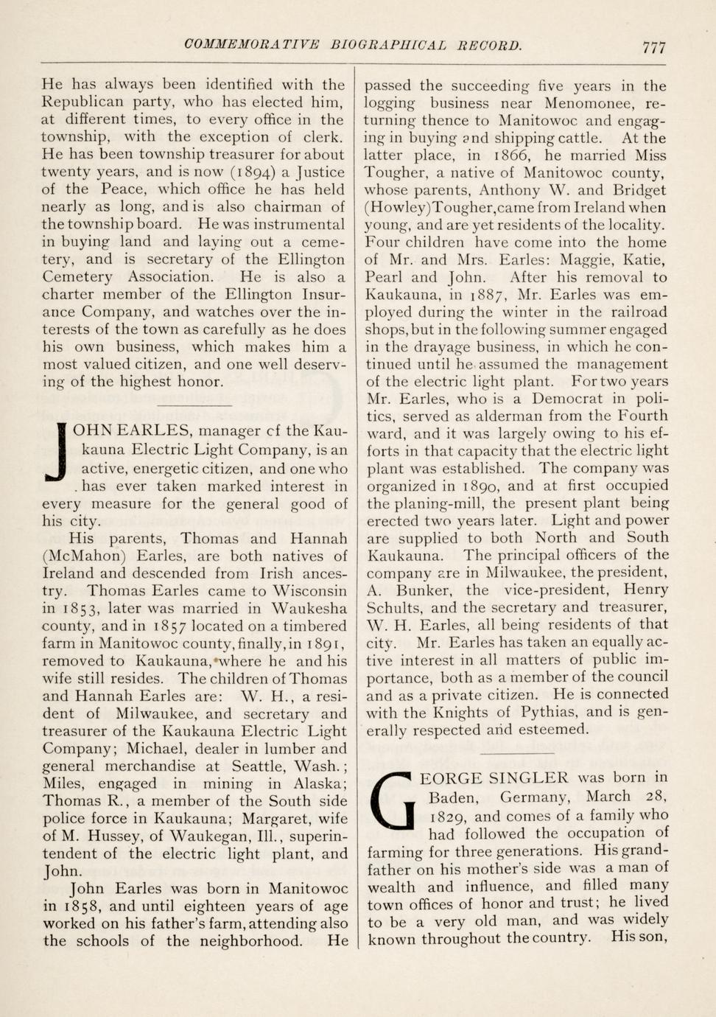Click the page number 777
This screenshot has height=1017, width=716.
pos(653,47)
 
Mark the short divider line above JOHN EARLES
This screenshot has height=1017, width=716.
pos(194,406)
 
